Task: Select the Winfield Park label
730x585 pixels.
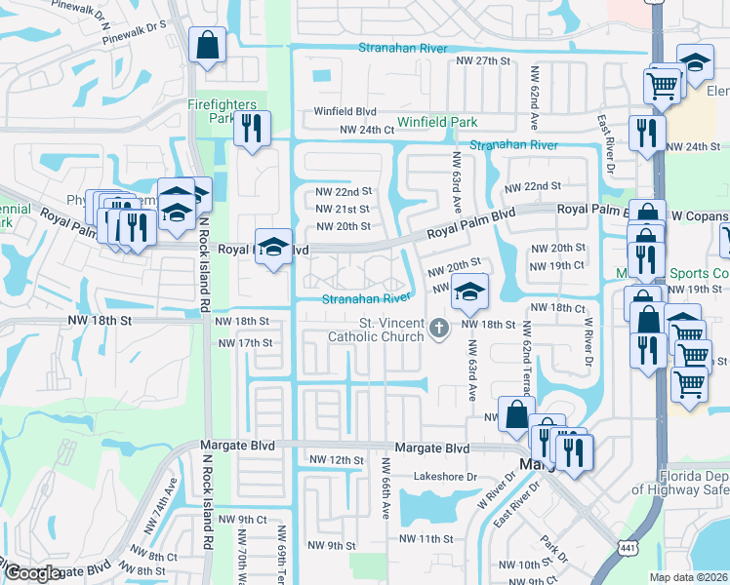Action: click(437, 123)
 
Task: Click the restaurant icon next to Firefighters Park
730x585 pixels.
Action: click(252, 128)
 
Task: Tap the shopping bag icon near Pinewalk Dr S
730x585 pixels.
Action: click(207, 45)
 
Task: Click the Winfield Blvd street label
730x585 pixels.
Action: click(345, 111)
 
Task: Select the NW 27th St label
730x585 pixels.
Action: click(483, 60)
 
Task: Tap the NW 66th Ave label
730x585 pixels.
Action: click(385, 487)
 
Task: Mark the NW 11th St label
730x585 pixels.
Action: click(427, 537)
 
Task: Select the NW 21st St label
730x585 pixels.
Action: click(343, 209)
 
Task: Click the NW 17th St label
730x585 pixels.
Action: click(245, 343)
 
